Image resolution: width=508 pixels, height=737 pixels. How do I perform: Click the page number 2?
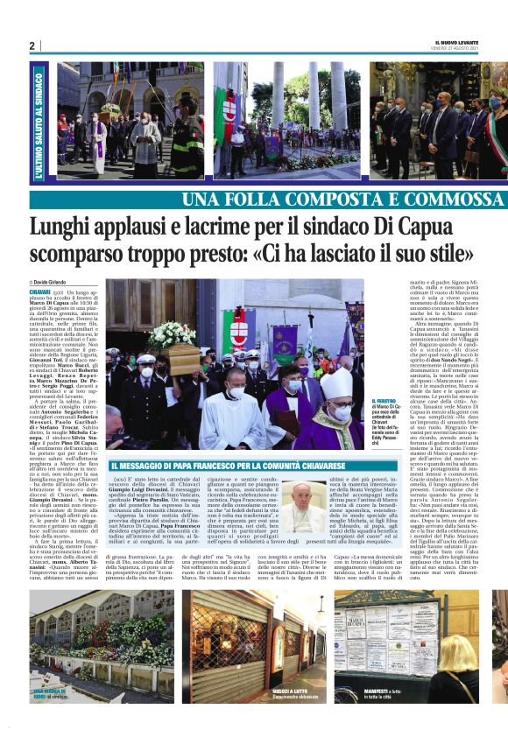pos(32,46)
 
